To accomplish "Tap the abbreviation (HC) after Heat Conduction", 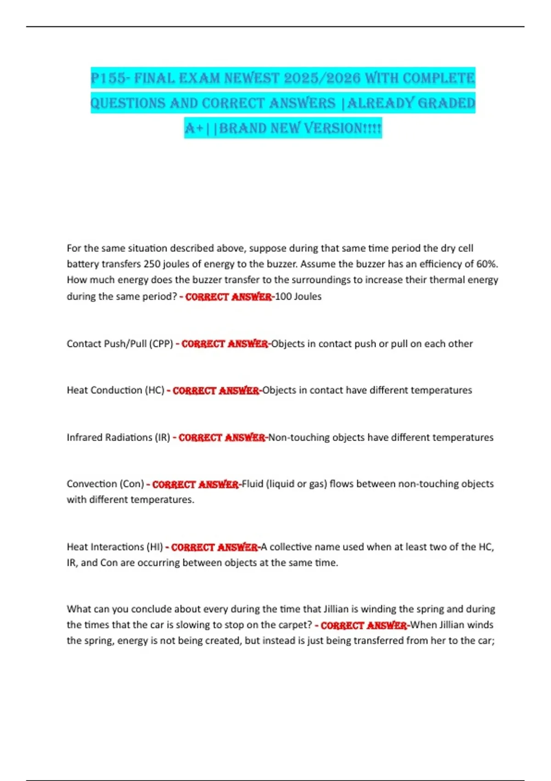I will coord(155,390).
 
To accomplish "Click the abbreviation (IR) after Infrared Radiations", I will coord(163,437).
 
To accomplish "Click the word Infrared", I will coord(84,437).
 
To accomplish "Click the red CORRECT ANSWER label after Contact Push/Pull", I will coord(225,344).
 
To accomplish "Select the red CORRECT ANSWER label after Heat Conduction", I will coord(216,390).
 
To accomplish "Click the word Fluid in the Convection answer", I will coord(253,484).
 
